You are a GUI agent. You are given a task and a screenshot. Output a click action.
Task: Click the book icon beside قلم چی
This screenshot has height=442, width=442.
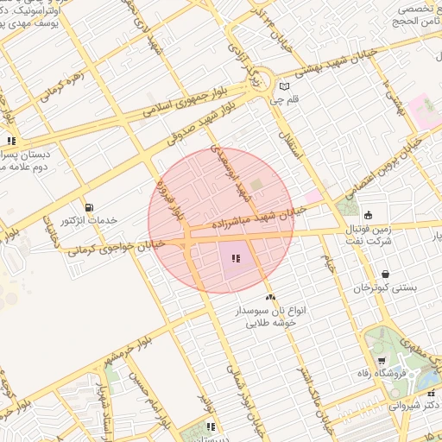[x=284, y=86]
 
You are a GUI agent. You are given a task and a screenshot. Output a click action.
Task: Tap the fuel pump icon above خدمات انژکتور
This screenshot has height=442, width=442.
[x=90, y=207]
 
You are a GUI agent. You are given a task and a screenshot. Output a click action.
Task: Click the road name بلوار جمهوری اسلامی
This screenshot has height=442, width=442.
[x=173, y=104]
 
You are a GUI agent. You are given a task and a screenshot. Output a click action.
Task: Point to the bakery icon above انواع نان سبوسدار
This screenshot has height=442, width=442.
[x=271, y=297]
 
